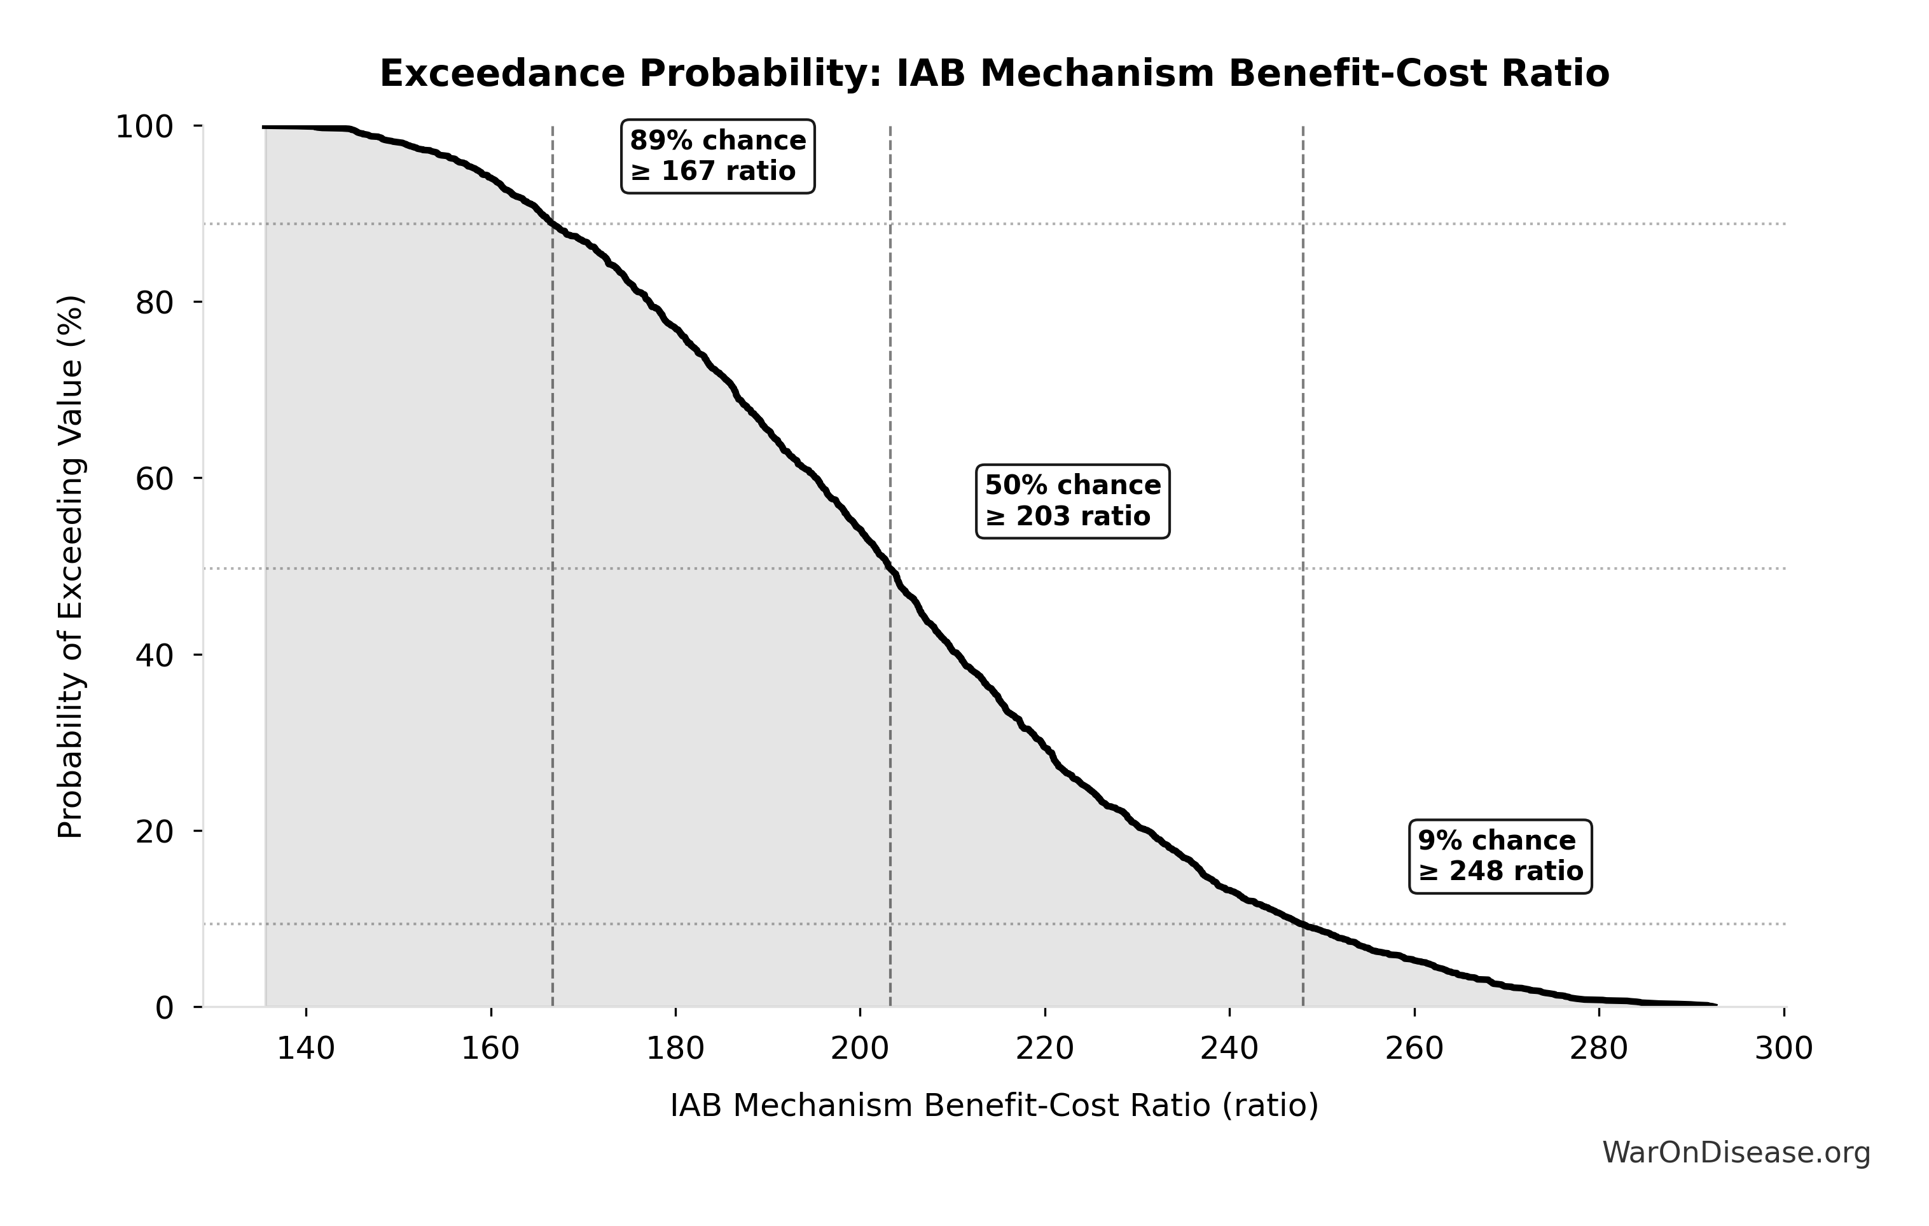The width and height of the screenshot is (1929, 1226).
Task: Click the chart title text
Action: coord(994,74)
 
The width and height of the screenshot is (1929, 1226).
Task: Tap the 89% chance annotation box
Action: coord(718,156)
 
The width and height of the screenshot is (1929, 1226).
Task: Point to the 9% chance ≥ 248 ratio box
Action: coord(1500,856)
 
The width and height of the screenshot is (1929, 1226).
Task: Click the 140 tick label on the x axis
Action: coord(306,1048)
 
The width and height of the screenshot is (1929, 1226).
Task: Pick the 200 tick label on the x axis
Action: coord(861,1048)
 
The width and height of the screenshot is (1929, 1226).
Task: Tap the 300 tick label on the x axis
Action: coord(1784,1048)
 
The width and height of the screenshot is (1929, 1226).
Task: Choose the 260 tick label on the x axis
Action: coord(1414,1048)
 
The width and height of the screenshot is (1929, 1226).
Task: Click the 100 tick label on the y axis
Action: coord(144,127)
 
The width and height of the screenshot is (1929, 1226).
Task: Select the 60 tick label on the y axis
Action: coord(155,479)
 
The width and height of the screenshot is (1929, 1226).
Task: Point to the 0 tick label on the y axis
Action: coord(164,1008)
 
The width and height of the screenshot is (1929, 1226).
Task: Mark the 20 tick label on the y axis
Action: coord(155,832)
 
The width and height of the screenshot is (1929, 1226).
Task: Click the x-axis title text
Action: coord(994,1106)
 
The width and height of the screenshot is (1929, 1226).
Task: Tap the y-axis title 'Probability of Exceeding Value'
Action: coord(71,567)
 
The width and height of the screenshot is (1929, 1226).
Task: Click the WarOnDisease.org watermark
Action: coord(1736,1153)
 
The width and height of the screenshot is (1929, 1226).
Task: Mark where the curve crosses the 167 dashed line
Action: coord(553,224)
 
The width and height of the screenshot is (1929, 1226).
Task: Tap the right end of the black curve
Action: coord(1715,1005)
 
